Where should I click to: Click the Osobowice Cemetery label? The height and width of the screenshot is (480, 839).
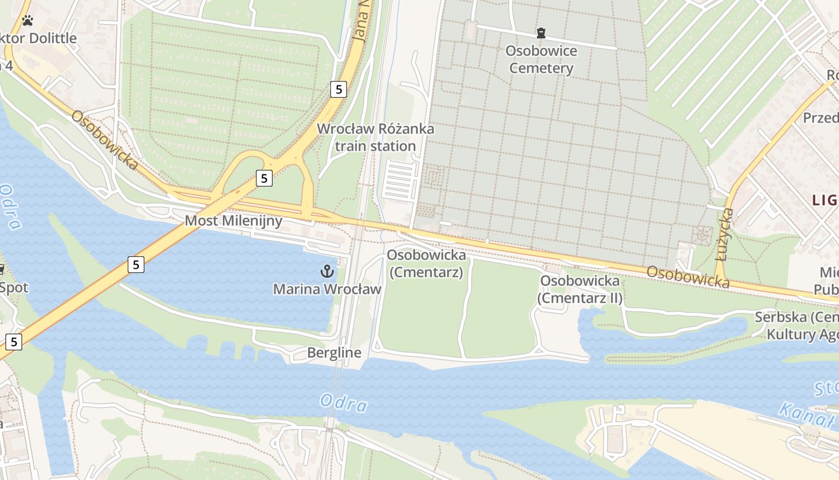(541, 59)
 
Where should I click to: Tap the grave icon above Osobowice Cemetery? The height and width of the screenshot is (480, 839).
(541, 33)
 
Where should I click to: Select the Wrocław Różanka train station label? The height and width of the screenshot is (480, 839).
(375, 137)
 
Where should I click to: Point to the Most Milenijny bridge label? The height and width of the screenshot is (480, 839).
(233, 221)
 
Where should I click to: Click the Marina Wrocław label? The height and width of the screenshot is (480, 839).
(327, 289)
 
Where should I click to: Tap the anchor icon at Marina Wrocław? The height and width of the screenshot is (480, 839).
(327, 271)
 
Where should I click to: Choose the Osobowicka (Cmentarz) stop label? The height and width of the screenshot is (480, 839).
(426, 263)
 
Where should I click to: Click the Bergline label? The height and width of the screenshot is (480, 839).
(334, 353)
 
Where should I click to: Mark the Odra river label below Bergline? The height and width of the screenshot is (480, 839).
(343, 403)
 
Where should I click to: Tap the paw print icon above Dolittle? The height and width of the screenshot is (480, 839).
(27, 21)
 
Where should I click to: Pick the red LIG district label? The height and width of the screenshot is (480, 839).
(825, 200)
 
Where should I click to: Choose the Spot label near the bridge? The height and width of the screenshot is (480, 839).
(14, 287)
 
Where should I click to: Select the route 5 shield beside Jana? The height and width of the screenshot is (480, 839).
(339, 89)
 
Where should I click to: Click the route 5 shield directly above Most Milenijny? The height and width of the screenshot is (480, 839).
(264, 178)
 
